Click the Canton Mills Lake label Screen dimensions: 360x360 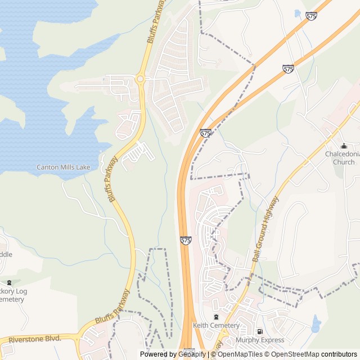pos(63,167)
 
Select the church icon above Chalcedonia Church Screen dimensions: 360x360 pos(344,146)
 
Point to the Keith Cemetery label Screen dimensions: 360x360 pos(216,325)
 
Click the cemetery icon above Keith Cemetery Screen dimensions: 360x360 pos(216,317)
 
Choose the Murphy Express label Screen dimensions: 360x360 pos(260,340)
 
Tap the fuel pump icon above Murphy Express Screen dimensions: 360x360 pos(259,332)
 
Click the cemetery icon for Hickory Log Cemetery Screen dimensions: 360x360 pos(8,282)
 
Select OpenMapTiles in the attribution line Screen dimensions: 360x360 pos(239,354)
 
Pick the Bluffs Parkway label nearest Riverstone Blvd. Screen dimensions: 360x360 pos(112,308)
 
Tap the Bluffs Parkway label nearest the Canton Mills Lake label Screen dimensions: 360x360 pos(110,179)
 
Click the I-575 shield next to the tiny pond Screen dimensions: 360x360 pos(311,16)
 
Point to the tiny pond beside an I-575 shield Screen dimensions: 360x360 pos(298,13)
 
